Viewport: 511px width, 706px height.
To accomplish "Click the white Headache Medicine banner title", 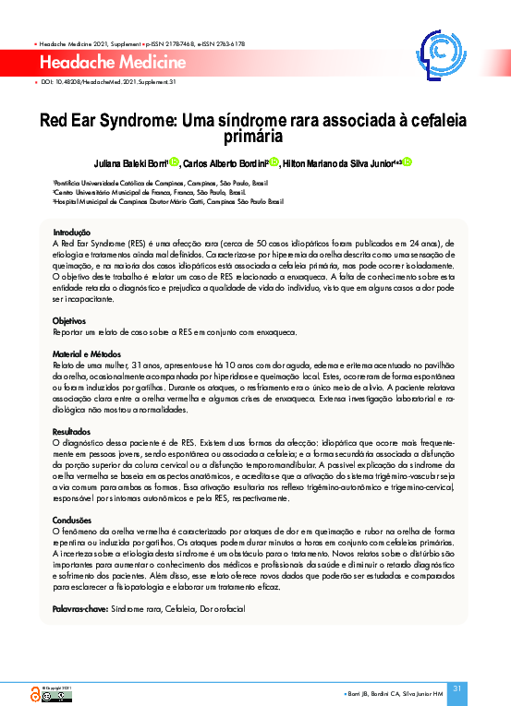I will (109, 62).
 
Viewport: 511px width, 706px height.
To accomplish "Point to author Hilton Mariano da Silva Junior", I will (340, 163).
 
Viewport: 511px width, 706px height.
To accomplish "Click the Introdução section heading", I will (71, 232).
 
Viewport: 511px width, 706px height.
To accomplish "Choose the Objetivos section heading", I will (69, 320).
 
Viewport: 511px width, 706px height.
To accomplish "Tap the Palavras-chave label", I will (79, 610).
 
